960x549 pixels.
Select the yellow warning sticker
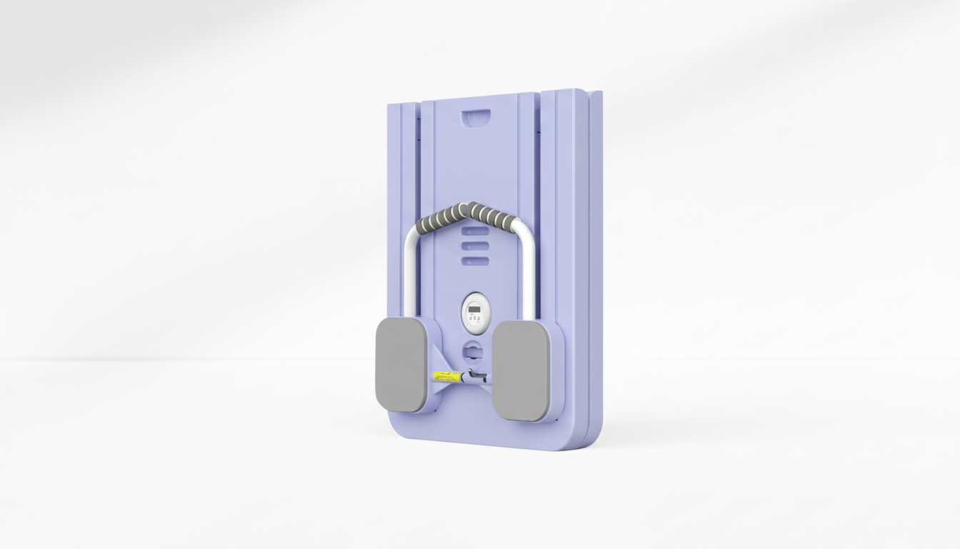444,376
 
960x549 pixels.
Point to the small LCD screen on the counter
474,309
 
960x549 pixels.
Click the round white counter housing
474,312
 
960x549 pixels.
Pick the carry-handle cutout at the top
476,116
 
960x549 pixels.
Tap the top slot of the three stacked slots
475,231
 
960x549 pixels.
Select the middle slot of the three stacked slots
475,246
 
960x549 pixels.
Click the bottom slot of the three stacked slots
475,262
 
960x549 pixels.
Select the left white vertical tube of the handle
410,275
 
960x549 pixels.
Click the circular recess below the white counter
473,351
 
